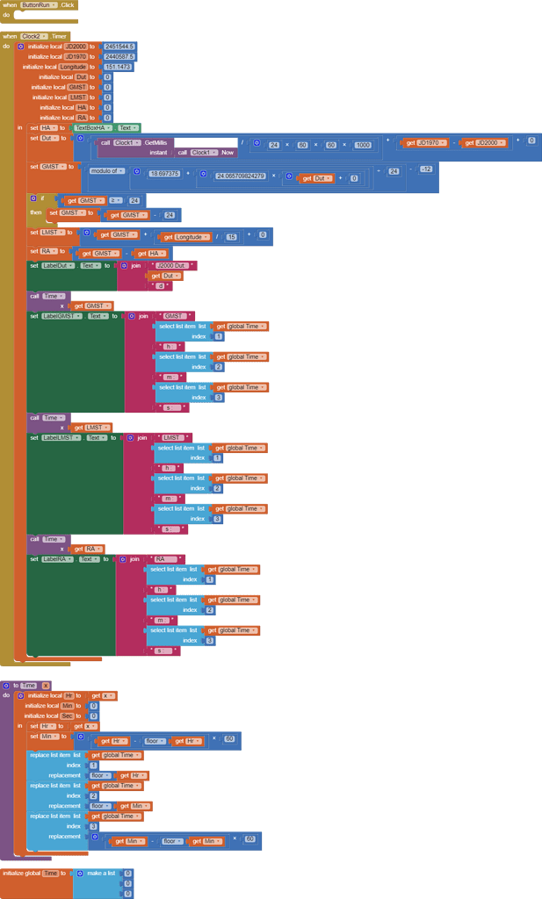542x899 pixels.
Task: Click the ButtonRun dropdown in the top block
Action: tap(39, 5)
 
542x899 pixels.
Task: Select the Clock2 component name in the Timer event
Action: tap(33, 36)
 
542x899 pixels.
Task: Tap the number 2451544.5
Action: tap(119, 47)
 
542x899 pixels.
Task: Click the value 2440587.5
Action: tap(119, 57)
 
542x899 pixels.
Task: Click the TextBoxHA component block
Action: tap(91, 128)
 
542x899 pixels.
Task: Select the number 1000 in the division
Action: tap(363, 145)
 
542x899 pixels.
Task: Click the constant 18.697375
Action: tap(164, 174)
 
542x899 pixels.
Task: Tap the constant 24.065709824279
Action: tap(241, 176)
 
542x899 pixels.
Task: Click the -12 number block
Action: tap(426, 169)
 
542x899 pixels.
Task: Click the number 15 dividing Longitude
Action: tap(232, 235)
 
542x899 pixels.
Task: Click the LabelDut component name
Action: tap(55, 265)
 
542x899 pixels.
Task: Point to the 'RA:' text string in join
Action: tap(161, 559)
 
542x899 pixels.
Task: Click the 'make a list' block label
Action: tap(101, 874)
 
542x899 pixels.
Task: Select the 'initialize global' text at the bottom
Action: tap(20, 874)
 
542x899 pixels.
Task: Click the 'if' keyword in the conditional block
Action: tap(41, 199)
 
